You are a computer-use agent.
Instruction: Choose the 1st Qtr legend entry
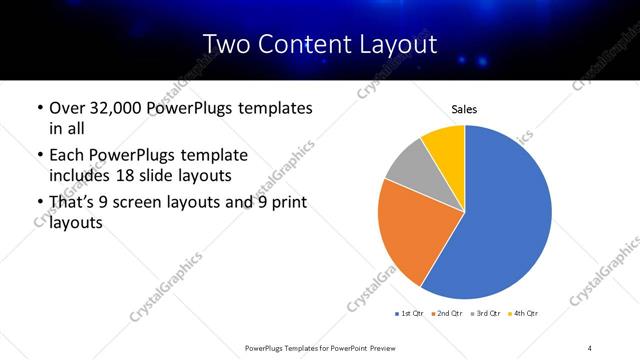[410, 314]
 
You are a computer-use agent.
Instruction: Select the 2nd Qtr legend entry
[447, 314]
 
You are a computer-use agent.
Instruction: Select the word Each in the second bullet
[67, 155]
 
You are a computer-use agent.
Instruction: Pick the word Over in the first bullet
[68, 108]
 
